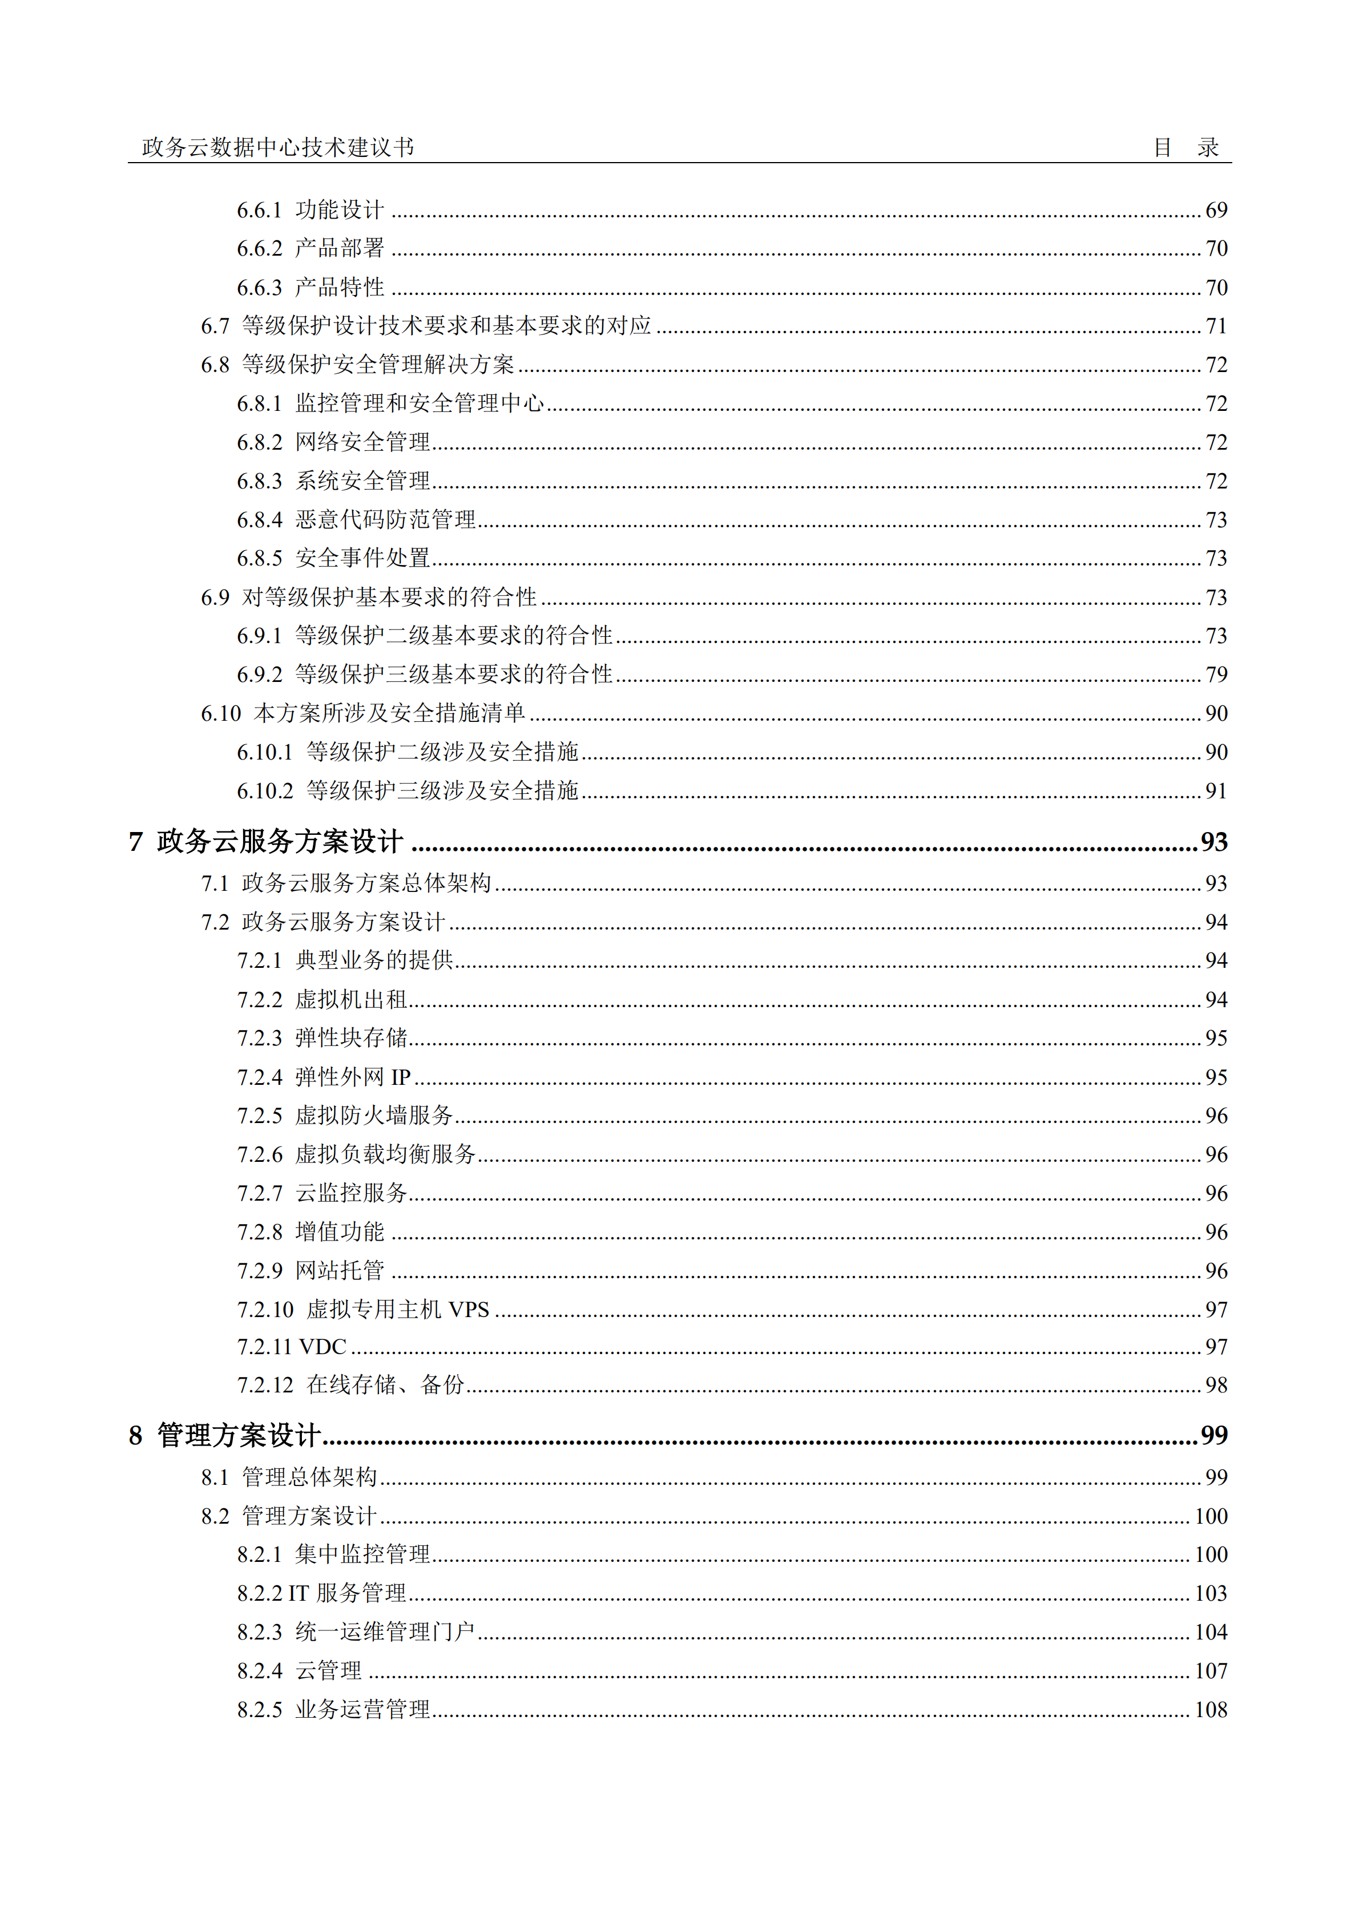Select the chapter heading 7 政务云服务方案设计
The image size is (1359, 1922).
[x=267, y=841]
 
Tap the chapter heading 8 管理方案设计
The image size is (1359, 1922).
[x=224, y=1436]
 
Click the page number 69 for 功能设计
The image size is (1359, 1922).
[x=1216, y=210]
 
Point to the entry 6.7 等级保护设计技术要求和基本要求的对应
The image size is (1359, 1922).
[x=425, y=326]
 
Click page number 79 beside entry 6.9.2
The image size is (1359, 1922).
[x=1216, y=675]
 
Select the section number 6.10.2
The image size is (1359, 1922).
[x=265, y=791]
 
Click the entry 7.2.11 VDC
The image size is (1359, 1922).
[x=292, y=1347]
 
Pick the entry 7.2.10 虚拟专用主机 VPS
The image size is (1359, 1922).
[x=362, y=1309]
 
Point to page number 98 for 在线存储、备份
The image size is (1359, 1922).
[x=1216, y=1386]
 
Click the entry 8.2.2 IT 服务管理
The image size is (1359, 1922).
[x=321, y=1593]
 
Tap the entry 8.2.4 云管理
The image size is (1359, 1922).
[x=299, y=1671]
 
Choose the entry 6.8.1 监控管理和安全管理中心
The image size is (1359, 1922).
[x=390, y=403]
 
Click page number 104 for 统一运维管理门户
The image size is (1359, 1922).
[x=1211, y=1632]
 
